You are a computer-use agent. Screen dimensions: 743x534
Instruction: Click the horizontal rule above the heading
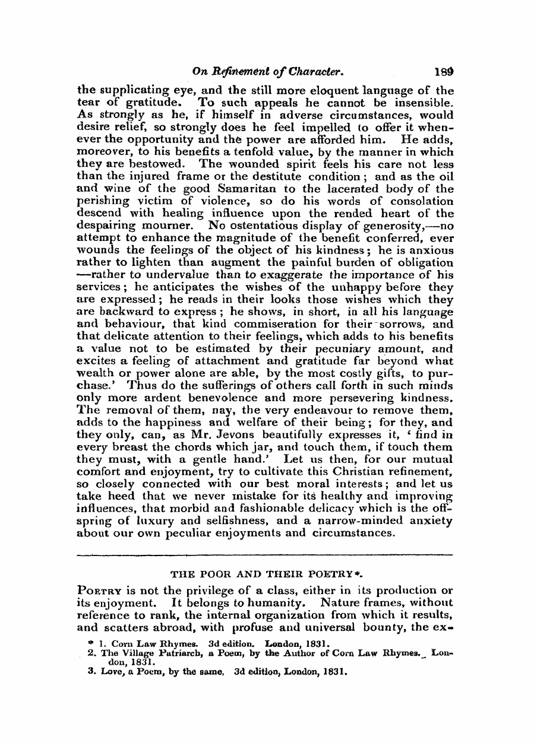[x=266, y=555]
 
